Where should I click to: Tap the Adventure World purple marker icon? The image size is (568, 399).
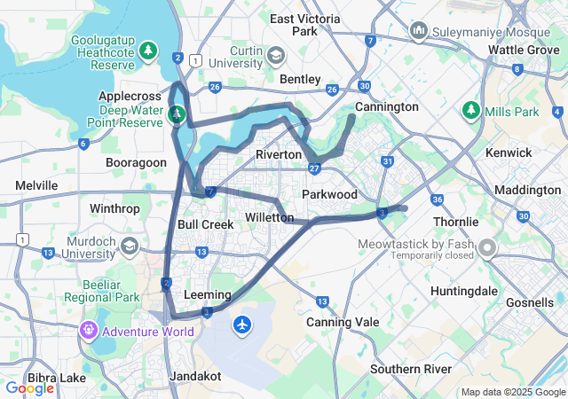click(x=88, y=332)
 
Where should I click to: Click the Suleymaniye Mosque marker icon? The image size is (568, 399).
click(x=420, y=33)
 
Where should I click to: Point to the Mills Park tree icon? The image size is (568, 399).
click(x=470, y=112)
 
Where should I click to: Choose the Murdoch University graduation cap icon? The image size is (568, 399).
click(x=130, y=246)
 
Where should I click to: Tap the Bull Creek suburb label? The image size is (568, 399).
click(x=205, y=224)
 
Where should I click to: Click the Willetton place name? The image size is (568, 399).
click(x=269, y=217)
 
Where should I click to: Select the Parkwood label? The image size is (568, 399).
click(x=329, y=194)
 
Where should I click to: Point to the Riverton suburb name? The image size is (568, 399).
click(x=279, y=154)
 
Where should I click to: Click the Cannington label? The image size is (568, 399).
click(x=386, y=106)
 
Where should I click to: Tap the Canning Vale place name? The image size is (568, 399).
click(x=342, y=322)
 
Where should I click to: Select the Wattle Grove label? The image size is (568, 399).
click(x=524, y=50)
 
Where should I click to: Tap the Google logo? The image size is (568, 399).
click(x=29, y=387)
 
